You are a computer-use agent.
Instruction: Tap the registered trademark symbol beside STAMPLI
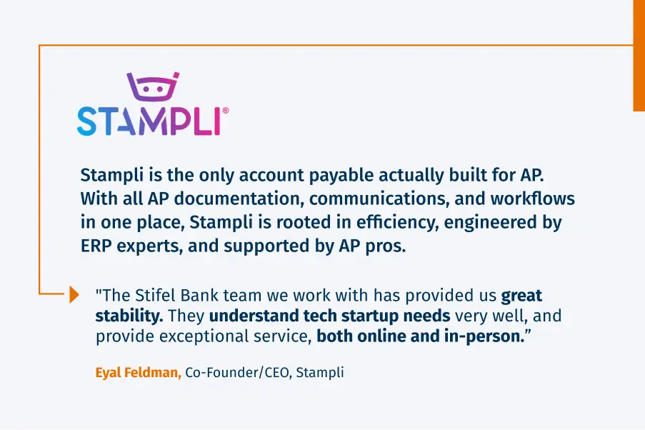(x=226, y=111)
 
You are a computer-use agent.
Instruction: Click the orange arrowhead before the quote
(x=74, y=294)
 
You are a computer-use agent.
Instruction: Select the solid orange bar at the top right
(x=639, y=55)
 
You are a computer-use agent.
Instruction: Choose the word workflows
(x=532, y=199)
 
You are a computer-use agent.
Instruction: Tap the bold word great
(x=521, y=295)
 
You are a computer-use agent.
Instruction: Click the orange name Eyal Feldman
(x=138, y=373)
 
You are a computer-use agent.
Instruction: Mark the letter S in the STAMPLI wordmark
(x=87, y=121)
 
